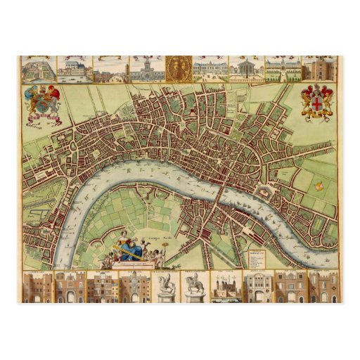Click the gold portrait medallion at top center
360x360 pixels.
click(179, 68)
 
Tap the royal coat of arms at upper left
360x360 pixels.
click(42, 103)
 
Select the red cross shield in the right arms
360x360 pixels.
click(316, 102)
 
